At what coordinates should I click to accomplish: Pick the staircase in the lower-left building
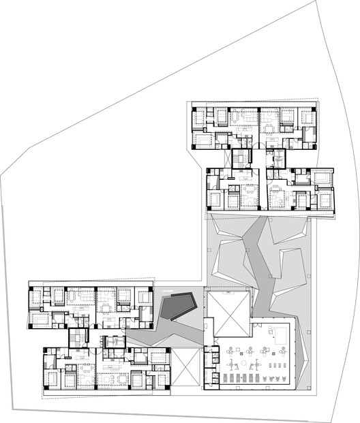(79, 338)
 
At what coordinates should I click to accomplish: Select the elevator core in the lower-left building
(113, 339)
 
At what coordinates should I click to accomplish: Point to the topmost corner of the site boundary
(317, 2)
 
